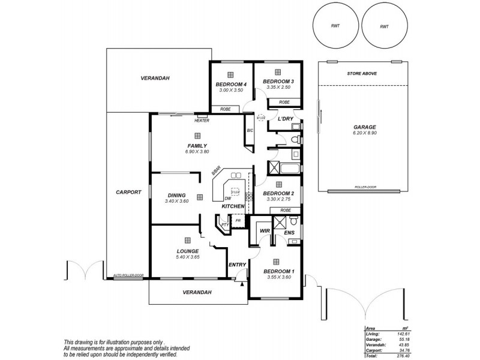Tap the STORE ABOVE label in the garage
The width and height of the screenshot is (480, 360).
362,73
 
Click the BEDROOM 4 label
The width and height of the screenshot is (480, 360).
231,83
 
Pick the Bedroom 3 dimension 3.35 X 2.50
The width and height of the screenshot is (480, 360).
278,88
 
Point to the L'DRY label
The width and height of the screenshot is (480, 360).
285,119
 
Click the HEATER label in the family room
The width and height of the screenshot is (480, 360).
201,121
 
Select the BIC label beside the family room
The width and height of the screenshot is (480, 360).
250,130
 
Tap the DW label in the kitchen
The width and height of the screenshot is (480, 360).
227,199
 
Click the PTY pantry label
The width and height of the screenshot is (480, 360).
224,224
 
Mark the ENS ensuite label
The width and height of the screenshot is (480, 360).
288,232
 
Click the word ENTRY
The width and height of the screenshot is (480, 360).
238,264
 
